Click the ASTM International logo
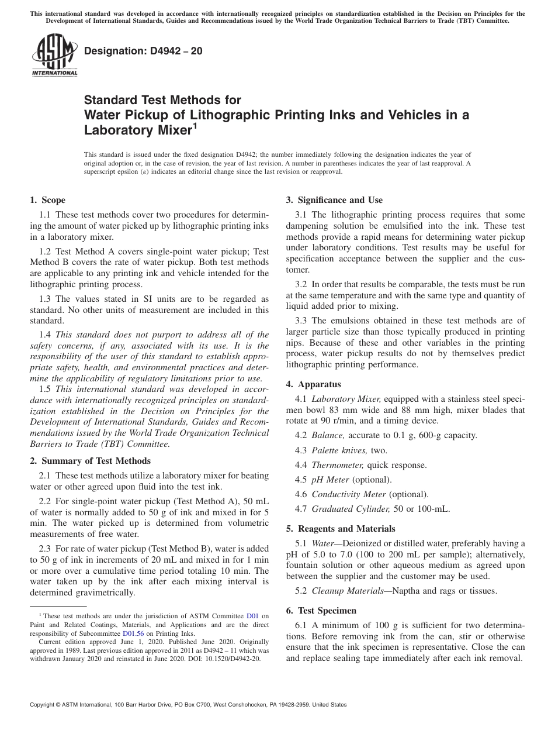(x=54, y=55)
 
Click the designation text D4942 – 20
(x=143, y=51)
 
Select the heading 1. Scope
(x=48, y=200)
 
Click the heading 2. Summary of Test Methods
(x=90, y=461)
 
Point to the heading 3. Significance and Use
(x=334, y=200)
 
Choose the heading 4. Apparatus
(x=313, y=384)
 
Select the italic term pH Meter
(x=330, y=480)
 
